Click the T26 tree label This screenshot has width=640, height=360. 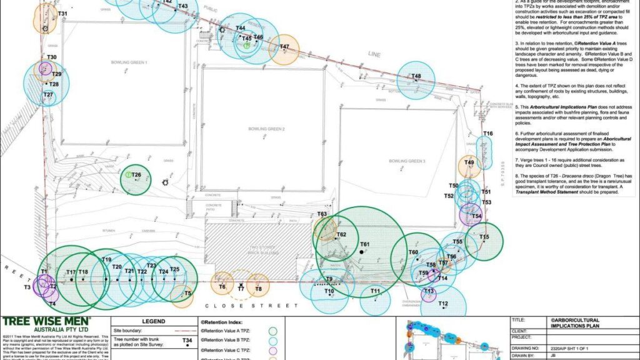(136, 174)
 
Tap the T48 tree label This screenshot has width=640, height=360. (416, 76)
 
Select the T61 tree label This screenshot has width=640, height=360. (365, 244)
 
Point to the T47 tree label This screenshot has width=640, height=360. (284, 47)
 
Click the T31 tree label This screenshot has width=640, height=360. (62, 13)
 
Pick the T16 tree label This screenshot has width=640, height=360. (488, 134)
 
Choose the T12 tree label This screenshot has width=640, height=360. (443, 304)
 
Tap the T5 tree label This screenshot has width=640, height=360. (188, 293)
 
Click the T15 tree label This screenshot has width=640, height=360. (484, 237)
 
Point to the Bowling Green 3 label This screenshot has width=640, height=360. (407, 161)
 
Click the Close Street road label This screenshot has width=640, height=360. (251, 306)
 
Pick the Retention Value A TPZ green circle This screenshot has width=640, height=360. (272, 331)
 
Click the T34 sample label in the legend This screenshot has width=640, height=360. (187, 341)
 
